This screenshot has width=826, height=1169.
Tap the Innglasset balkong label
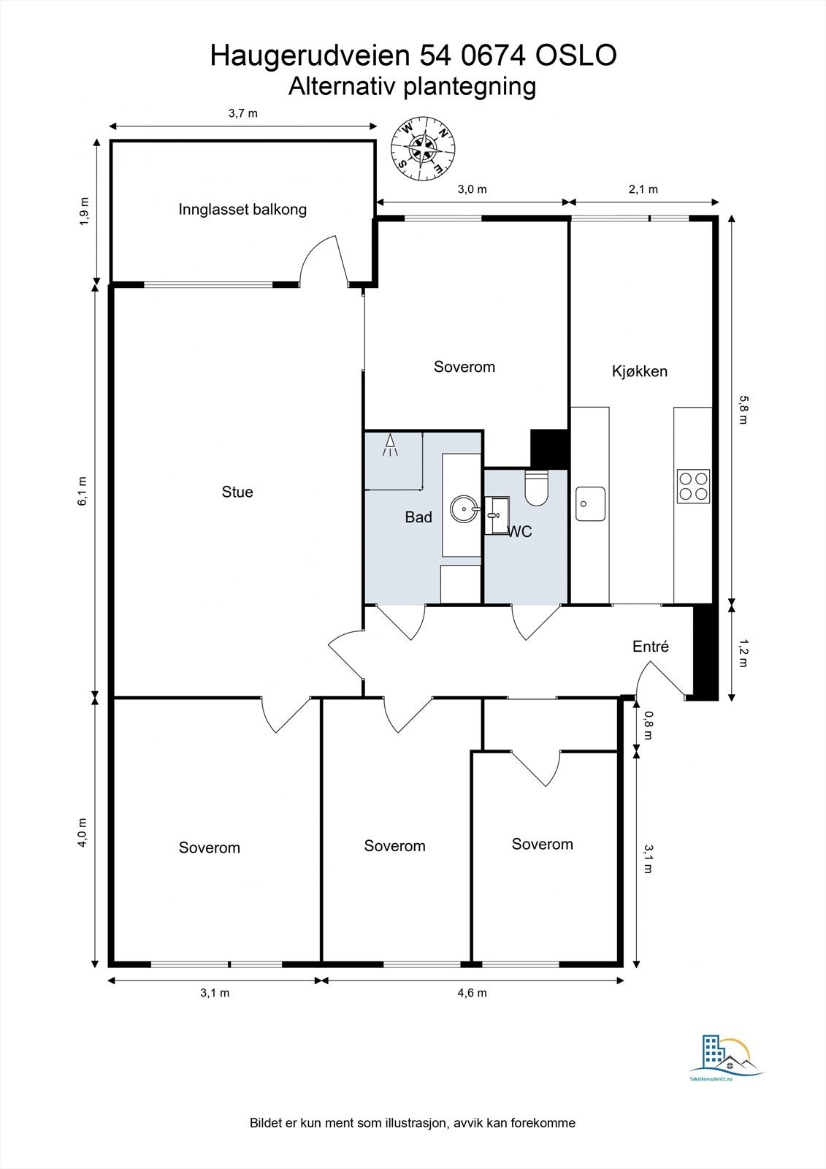click(x=242, y=210)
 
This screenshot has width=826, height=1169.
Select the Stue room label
click(x=237, y=492)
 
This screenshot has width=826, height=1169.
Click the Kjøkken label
click(x=640, y=371)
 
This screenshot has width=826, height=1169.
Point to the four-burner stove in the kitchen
click(x=693, y=486)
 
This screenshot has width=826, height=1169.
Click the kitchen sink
click(x=590, y=503)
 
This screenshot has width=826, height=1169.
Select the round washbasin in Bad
click(x=463, y=509)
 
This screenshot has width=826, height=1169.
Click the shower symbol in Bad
click(x=391, y=445)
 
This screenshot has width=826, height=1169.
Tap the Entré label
click(x=651, y=647)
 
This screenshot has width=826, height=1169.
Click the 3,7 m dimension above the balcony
click(x=243, y=113)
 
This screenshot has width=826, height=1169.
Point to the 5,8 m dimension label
click(x=743, y=410)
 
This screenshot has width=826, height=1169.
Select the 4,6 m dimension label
click(x=472, y=993)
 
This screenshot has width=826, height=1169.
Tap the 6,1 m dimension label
click(x=83, y=490)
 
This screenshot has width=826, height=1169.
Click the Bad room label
click(x=418, y=517)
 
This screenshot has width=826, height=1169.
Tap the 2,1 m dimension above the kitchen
click(x=643, y=189)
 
